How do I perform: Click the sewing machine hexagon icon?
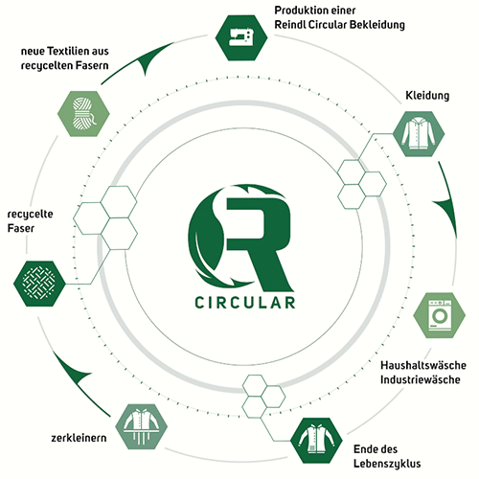pyautogui.click(x=241, y=37)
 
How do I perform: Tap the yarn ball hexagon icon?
pyautogui.click(x=83, y=114)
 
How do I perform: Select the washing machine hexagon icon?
pyautogui.click(x=440, y=315)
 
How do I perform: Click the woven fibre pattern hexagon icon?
pyautogui.click(x=39, y=284)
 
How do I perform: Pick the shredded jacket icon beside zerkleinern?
pyautogui.click(x=141, y=426)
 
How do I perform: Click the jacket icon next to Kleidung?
pyautogui.click(x=419, y=134)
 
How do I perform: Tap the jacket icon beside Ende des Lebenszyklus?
pyautogui.click(x=316, y=441)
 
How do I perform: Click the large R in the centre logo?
pyautogui.click(x=260, y=243)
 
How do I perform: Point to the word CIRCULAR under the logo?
pyautogui.click(x=245, y=303)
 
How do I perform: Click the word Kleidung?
pyautogui.click(x=427, y=95)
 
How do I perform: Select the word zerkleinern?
pyautogui.click(x=79, y=438)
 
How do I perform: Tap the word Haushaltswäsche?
pyautogui.click(x=423, y=365)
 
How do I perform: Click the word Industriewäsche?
pyautogui.click(x=421, y=379)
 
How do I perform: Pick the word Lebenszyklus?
pyautogui.click(x=387, y=464)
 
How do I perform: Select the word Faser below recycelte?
pyautogui.click(x=21, y=228)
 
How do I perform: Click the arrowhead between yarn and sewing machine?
pyautogui.click(x=153, y=57)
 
